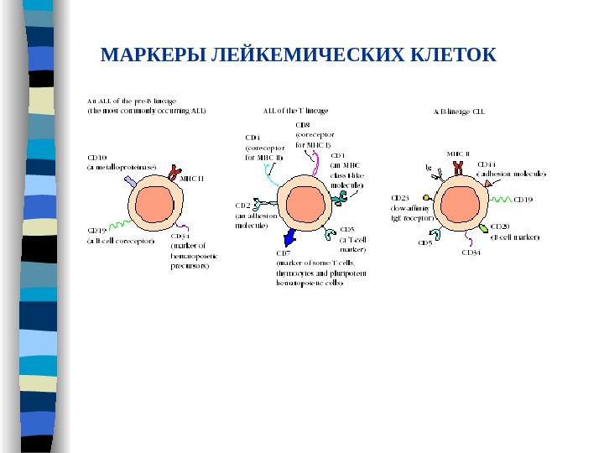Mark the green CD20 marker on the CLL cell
click(483, 228)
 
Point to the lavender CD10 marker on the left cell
click(130, 181)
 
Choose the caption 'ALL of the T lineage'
click(296, 109)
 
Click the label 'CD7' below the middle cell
click(283, 252)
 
